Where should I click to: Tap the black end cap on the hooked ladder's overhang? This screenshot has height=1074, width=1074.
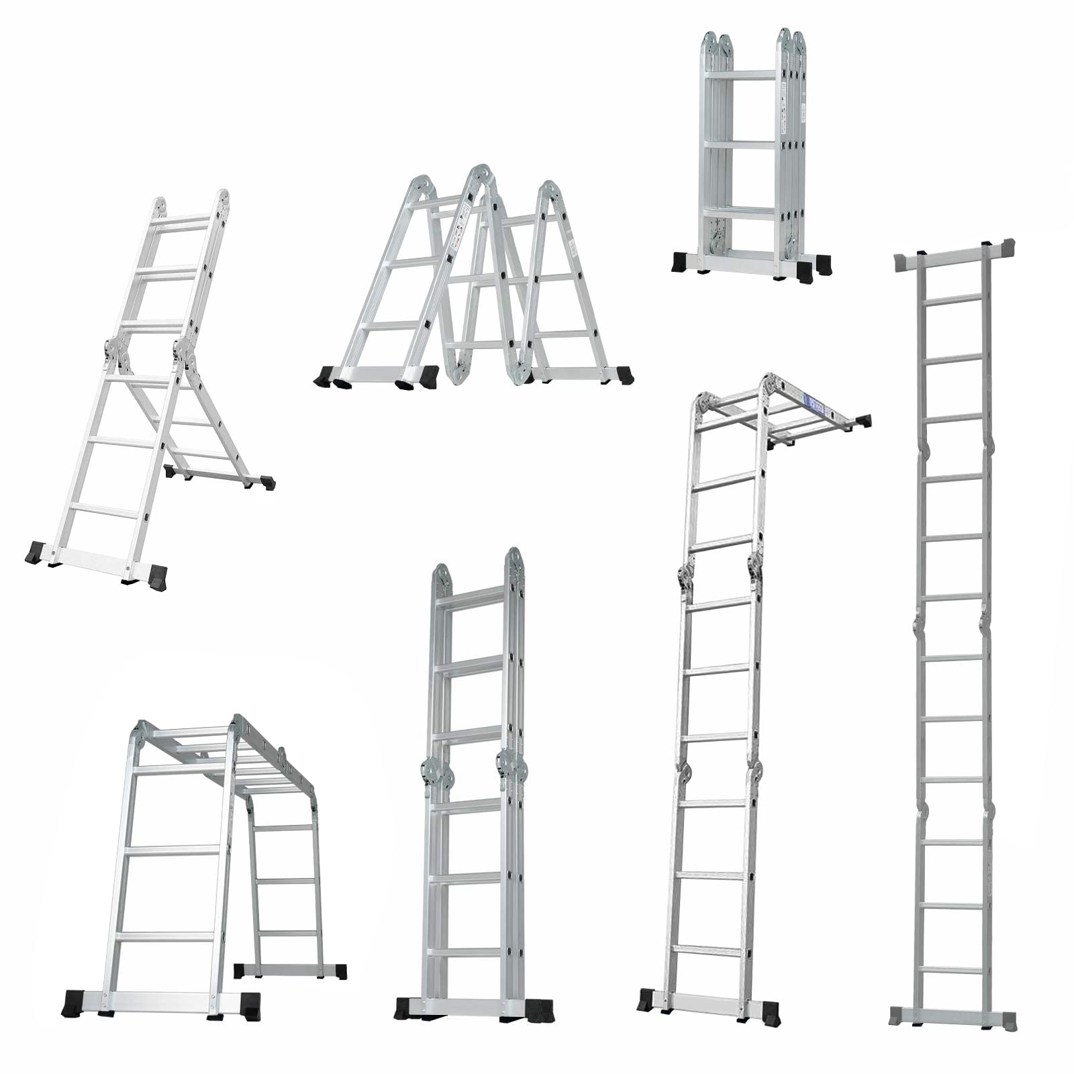863,421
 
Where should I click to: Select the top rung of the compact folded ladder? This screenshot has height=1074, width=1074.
742,75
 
